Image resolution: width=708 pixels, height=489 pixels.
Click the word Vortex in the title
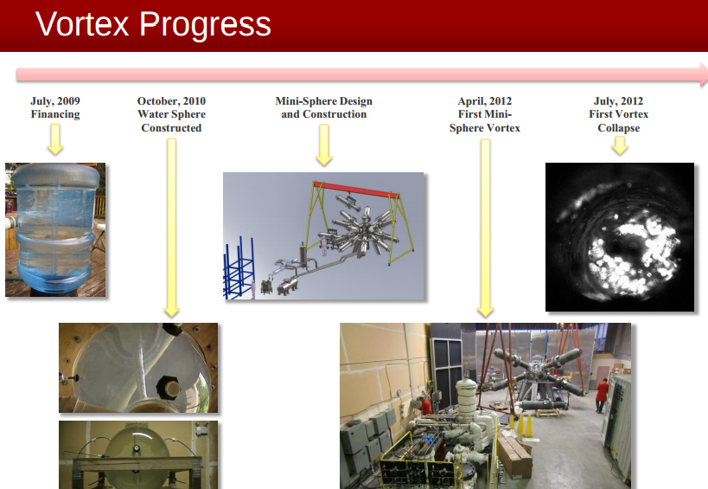[83, 24]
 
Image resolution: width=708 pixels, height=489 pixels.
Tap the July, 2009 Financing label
[55, 107]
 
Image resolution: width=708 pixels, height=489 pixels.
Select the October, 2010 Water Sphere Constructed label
[171, 114]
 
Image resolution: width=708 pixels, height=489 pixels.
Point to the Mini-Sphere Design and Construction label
[324, 107]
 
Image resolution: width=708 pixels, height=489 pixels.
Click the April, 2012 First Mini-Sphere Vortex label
[485, 114]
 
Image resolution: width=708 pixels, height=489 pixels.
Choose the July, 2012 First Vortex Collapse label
[619, 114]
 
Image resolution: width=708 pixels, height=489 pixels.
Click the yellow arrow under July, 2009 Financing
[55, 139]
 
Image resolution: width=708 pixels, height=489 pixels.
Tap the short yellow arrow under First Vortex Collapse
[620, 145]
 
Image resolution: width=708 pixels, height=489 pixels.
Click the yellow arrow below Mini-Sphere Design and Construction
[324, 145]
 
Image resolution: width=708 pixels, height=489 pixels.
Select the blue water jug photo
[55, 230]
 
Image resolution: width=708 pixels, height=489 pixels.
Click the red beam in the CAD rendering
[356, 190]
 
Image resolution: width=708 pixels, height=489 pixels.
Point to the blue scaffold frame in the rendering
[238, 270]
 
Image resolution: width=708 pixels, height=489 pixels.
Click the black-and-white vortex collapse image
[620, 237]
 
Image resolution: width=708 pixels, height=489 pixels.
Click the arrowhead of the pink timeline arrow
[704, 75]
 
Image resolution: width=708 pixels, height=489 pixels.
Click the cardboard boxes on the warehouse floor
[513, 454]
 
